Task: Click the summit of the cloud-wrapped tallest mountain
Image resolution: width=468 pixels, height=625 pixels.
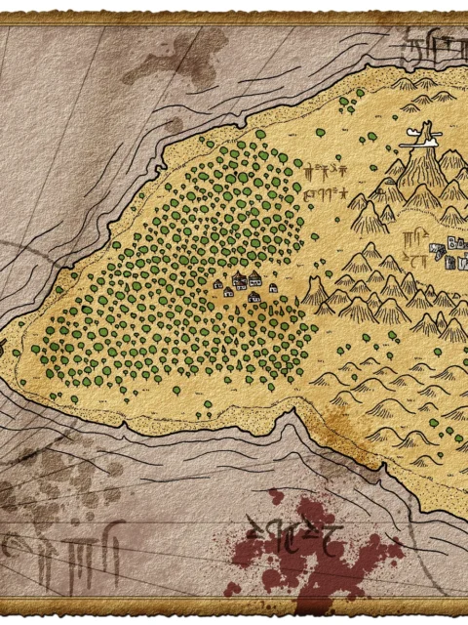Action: (426, 146)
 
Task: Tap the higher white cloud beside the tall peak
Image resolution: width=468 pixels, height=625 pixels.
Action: (416, 129)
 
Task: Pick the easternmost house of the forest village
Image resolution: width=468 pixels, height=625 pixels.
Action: (272, 288)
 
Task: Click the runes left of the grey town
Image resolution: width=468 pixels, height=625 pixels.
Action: (419, 249)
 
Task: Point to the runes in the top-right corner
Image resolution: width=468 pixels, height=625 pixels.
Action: (429, 44)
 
